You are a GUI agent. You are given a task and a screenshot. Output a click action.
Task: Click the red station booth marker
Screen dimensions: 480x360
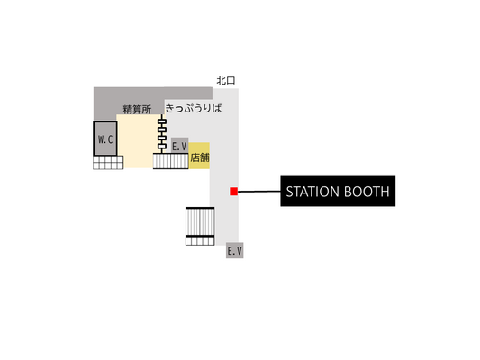tap(233, 192)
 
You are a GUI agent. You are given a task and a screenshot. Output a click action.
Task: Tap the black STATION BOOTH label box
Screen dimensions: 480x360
tap(338, 191)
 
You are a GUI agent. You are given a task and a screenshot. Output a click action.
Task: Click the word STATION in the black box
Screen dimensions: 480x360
tap(312, 192)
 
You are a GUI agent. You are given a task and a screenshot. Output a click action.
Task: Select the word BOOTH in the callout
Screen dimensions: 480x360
tap(367, 192)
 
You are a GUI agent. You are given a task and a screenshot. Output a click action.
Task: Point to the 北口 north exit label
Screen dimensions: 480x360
tap(226, 80)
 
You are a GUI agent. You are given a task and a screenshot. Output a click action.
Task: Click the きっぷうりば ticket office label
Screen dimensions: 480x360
tap(194, 108)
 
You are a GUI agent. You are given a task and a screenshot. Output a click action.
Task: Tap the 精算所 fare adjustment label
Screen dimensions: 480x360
tap(137, 109)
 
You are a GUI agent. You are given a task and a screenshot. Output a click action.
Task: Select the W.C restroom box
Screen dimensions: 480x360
tap(105, 139)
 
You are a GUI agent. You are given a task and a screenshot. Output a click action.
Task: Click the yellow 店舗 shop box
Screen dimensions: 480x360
tap(199, 156)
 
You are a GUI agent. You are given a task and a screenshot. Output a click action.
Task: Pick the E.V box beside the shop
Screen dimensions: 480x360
tap(179, 146)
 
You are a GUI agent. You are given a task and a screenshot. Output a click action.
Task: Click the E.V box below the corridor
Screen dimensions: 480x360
tap(235, 250)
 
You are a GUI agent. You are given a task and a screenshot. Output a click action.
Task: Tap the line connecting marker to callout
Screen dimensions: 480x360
tap(259, 192)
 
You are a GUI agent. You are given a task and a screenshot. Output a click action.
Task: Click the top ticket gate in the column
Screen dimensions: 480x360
tap(162, 121)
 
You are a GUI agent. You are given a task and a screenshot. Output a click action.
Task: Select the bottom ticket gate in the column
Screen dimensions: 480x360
tap(162, 147)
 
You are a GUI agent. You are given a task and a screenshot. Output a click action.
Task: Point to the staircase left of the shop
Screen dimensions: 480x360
tap(171, 161)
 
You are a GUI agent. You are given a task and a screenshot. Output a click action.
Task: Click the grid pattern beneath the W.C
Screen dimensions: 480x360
tap(108, 162)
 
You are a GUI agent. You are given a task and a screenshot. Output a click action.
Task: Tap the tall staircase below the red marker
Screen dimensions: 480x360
tap(200, 221)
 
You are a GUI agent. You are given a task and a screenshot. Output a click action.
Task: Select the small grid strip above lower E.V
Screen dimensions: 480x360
tap(200, 241)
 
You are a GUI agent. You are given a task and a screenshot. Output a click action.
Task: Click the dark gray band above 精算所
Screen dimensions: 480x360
tap(153, 94)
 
